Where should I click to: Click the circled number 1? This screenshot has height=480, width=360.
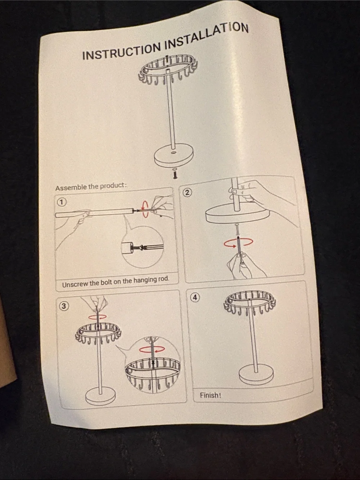(x=62, y=202)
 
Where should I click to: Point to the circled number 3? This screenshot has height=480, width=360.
(x=64, y=306)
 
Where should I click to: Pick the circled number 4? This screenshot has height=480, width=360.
(x=195, y=298)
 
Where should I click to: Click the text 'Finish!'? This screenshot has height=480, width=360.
(x=210, y=395)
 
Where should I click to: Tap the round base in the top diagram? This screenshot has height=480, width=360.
(x=174, y=157)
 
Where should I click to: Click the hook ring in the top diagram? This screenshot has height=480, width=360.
(x=168, y=69)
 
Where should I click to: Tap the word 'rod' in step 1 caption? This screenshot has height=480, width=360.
(x=164, y=279)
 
